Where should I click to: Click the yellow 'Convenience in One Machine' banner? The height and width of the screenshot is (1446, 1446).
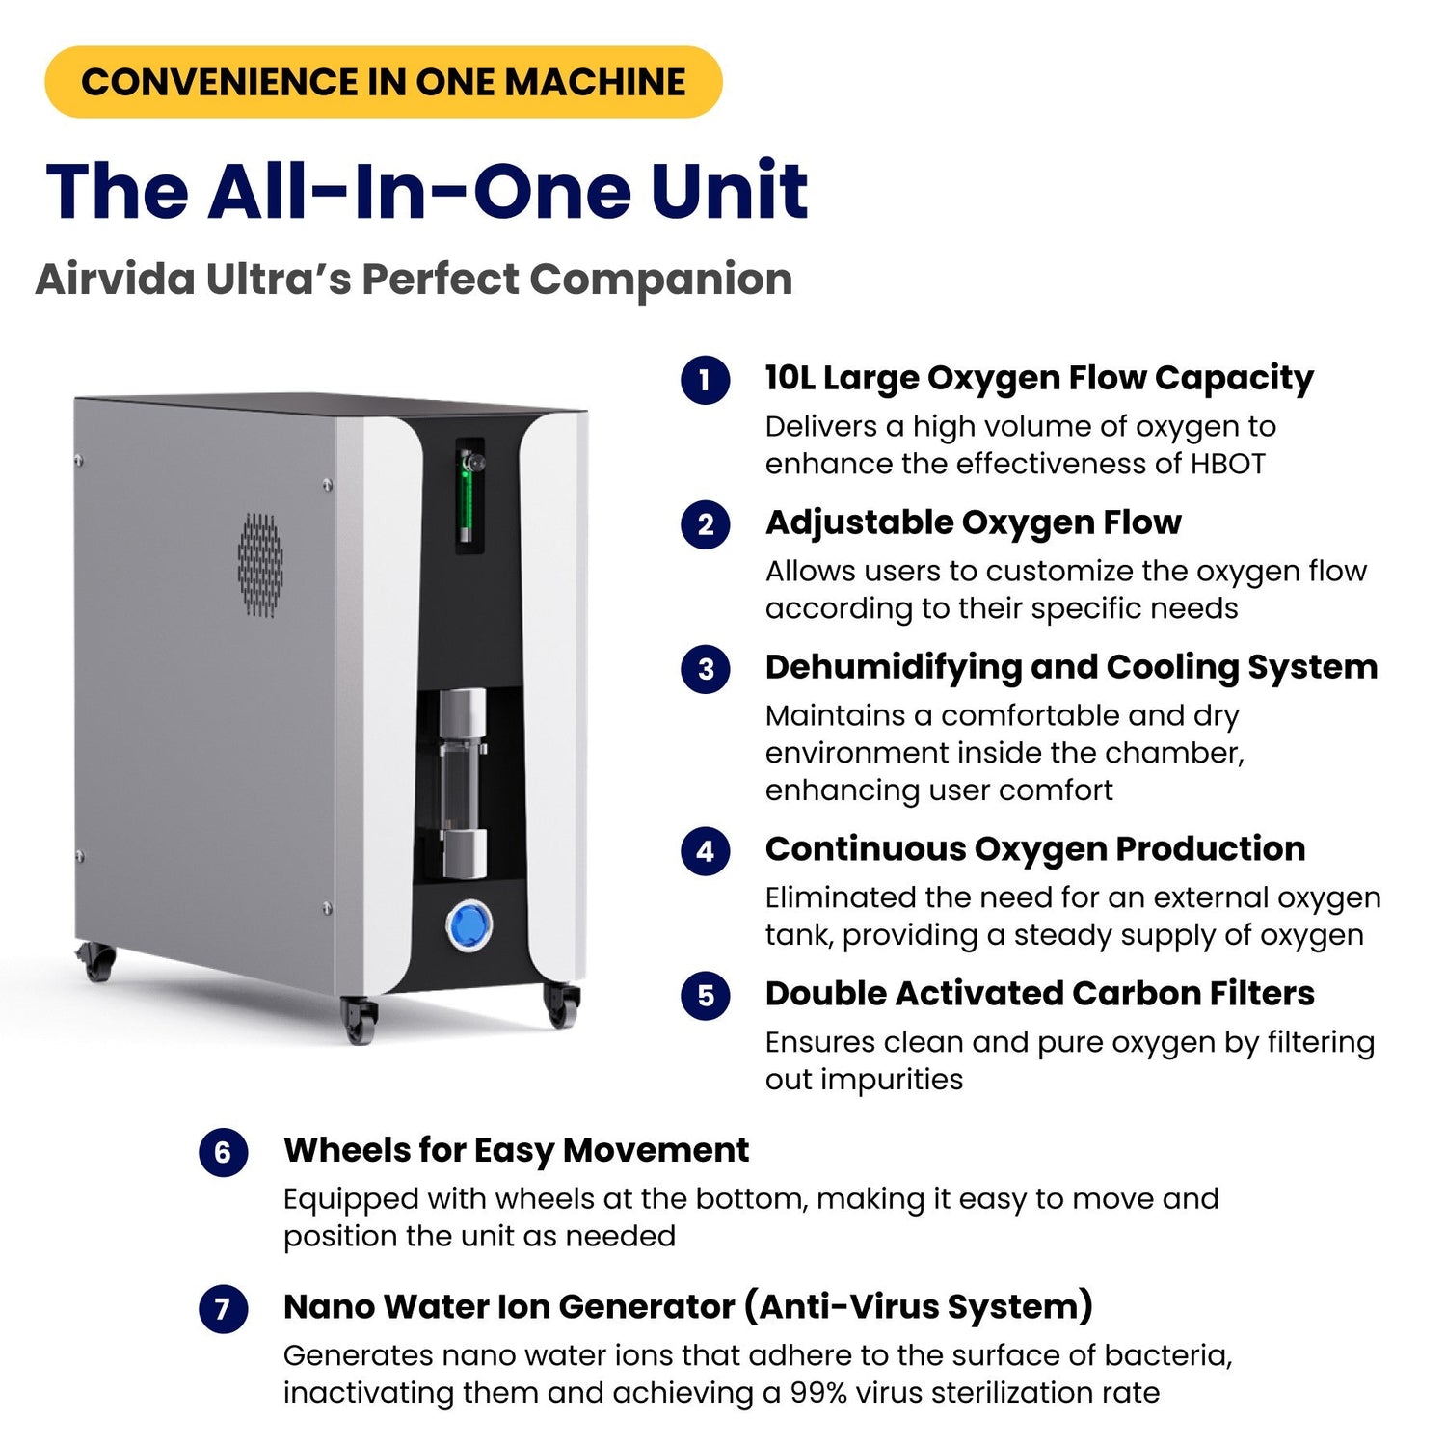384,82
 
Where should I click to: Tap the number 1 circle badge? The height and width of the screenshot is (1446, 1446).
706,380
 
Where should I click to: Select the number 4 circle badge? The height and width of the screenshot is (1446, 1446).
706,851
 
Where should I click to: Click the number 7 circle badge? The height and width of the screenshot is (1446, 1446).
224,1309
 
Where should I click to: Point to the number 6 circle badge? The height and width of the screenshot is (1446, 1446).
224,1152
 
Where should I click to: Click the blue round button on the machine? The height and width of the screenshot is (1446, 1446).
469,925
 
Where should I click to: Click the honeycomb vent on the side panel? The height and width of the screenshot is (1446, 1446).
260,565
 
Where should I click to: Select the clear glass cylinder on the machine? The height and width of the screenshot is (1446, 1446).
463,783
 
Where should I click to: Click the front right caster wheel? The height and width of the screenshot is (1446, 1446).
561,1004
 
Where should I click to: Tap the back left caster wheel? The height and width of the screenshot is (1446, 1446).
96,961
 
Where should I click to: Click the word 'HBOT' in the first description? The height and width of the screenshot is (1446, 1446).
1227,464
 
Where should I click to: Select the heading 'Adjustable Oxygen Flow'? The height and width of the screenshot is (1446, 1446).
973,522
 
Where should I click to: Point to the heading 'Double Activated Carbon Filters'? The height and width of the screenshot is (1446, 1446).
1040,994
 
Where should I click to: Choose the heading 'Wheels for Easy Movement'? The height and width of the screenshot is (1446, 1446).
516,1151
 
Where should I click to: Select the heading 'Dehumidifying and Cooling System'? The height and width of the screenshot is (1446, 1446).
1071,668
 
